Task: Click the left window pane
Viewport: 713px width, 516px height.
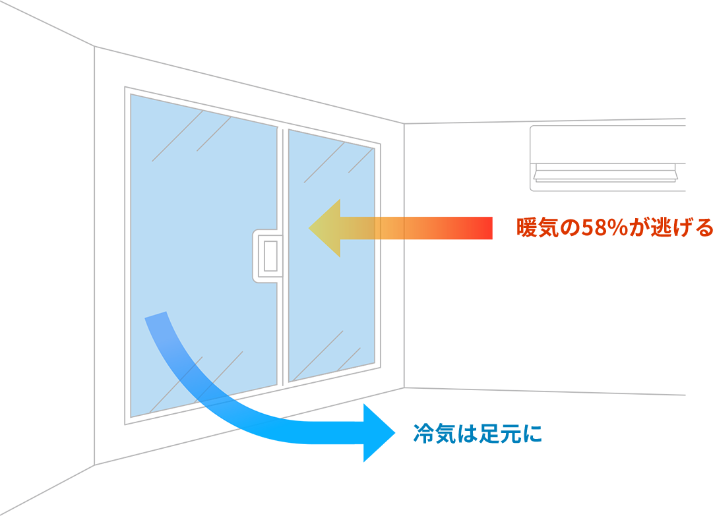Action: pos(198,198)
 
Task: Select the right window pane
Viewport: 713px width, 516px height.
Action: pos(330,297)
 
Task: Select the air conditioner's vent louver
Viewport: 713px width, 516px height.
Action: pos(605,175)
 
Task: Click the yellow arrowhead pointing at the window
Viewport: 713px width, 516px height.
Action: pos(325,228)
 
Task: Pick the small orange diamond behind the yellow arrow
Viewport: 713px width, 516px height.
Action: pos(392,228)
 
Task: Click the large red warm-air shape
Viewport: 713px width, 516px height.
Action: pos(501,264)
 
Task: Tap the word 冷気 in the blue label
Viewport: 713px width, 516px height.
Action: pos(433,434)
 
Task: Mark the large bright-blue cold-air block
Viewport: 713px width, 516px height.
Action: pos(336,468)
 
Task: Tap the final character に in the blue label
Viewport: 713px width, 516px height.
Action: pos(530,434)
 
